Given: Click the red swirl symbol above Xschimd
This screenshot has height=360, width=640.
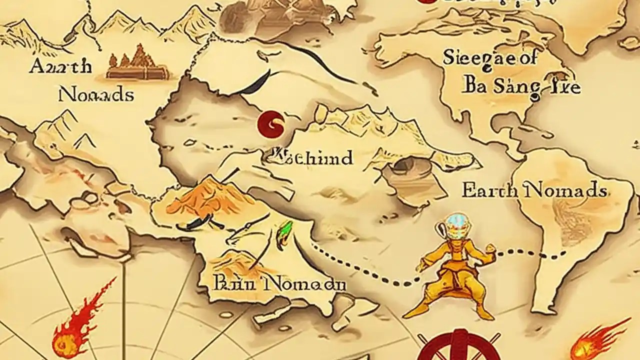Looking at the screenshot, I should (x=271, y=123).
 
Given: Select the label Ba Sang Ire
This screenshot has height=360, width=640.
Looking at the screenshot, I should (x=522, y=86).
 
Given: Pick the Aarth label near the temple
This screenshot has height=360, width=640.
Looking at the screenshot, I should (x=60, y=66).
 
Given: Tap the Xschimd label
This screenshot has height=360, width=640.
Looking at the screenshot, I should (x=308, y=157).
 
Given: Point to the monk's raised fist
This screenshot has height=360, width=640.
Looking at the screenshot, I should (x=490, y=248).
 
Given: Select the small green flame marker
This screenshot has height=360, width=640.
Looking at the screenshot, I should (x=284, y=232).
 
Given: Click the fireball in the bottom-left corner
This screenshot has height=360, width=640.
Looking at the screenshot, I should (x=75, y=327).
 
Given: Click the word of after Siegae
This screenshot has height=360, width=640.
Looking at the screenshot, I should (x=525, y=58).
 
